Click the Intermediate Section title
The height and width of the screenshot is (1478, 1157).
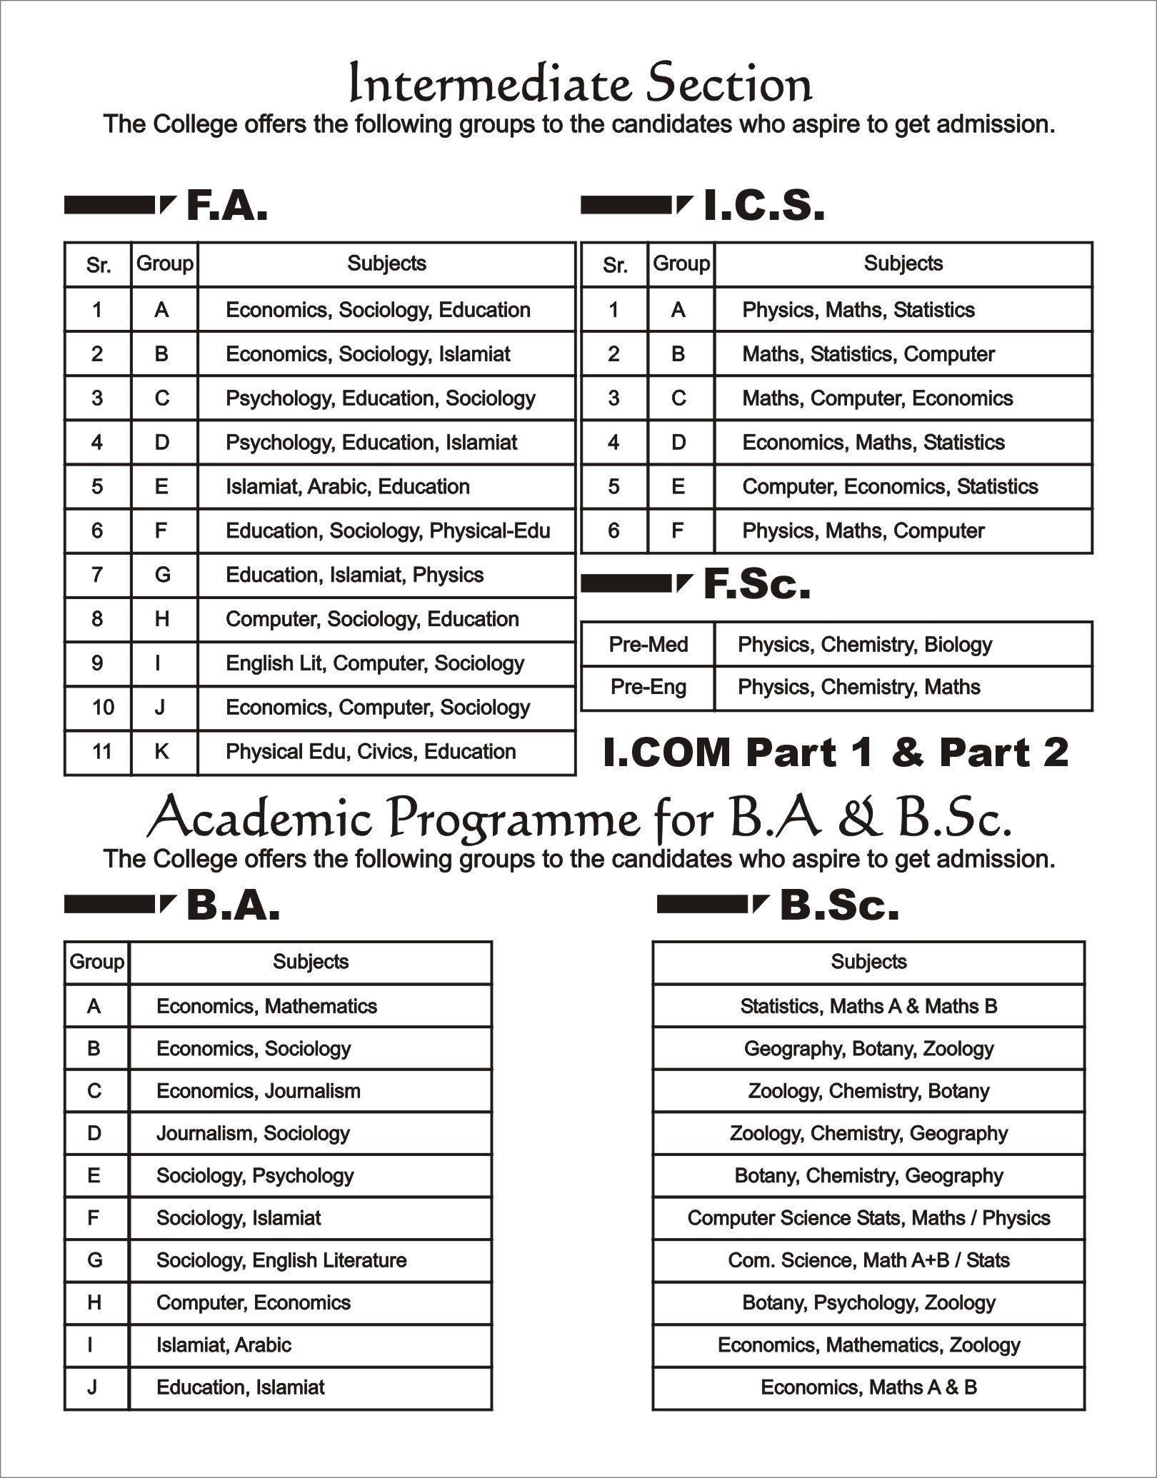point(579,85)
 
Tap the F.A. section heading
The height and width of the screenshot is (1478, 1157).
point(226,206)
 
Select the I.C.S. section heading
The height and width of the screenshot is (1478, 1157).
point(763,206)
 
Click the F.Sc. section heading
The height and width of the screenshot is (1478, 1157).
point(756,584)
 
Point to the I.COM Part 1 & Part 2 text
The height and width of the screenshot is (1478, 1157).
point(835,753)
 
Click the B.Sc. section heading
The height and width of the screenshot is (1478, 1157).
point(838,905)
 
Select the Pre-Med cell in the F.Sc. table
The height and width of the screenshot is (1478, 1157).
point(648,645)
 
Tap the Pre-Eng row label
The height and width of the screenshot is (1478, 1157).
point(648,688)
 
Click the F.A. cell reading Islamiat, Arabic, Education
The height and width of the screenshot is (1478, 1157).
point(348,487)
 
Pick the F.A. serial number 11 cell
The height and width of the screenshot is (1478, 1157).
point(102,751)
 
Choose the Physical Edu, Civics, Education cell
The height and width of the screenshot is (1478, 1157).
point(371,752)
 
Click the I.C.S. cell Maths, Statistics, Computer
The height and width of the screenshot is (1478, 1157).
point(868,354)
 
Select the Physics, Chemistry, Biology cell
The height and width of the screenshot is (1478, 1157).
point(865,645)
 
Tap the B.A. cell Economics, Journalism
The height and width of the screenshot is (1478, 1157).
point(259,1091)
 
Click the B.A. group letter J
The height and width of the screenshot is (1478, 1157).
point(93,1387)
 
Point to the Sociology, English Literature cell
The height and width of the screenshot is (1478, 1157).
point(281,1260)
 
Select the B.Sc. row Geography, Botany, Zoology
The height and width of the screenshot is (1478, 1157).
point(868,1049)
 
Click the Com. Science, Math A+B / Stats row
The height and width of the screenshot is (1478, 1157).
point(868,1260)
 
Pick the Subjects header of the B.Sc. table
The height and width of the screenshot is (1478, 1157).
point(868,962)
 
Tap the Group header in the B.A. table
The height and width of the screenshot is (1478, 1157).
point(96,962)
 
